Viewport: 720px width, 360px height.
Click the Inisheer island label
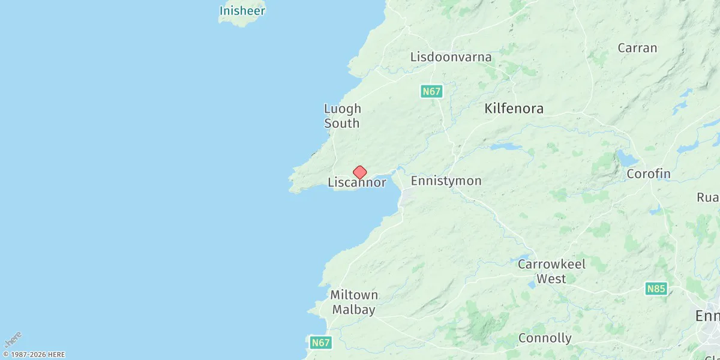(x=242, y=11)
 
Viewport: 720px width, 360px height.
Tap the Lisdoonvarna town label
(x=451, y=58)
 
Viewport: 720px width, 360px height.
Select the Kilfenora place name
(x=514, y=109)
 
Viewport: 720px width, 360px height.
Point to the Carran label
(x=637, y=48)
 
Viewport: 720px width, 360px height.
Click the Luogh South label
(x=342, y=116)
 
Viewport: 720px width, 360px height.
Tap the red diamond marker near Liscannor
(x=359, y=173)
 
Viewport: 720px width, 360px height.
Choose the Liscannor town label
(x=356, y=183)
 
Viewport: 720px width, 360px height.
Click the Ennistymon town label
(x=446, y=181)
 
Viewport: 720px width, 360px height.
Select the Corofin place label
(x=648, y=174)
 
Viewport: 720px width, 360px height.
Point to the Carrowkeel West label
(x=551, y=271)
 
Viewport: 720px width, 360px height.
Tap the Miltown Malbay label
(x=354, y=302)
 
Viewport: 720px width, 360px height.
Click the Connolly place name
(x=545, y=338)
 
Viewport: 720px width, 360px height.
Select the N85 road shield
(x=656, y=289)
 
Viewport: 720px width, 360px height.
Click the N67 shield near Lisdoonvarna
(x=431, y=92)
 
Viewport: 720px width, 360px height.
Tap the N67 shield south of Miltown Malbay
(x=321, y=343)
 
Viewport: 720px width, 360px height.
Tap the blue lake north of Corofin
(x=628, y=158)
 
